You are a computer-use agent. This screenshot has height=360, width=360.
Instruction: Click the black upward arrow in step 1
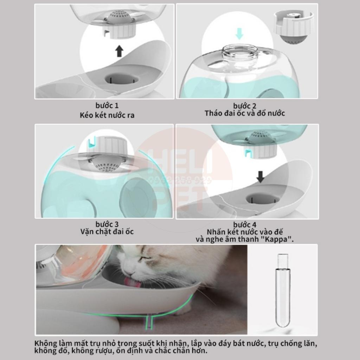coord(119,52)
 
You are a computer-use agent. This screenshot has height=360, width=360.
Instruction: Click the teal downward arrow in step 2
coord(239,34)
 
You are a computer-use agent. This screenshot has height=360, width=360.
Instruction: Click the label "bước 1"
coord(107,105)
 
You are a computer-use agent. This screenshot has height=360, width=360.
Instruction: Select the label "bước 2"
coord(245,106)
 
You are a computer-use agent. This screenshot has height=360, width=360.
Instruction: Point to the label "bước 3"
coord(107,224)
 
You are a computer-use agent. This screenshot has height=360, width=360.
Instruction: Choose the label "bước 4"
coord(245,225)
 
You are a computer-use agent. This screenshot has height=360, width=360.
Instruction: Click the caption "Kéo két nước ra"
coord(107,115)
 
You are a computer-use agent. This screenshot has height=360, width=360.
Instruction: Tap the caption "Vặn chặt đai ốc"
coord(107,232)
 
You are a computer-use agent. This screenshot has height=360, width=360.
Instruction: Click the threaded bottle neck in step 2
coord(239,53)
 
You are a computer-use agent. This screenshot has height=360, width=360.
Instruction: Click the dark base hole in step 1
coord(119,78)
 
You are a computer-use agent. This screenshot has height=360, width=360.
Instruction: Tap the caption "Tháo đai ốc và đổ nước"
coord(245,113)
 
